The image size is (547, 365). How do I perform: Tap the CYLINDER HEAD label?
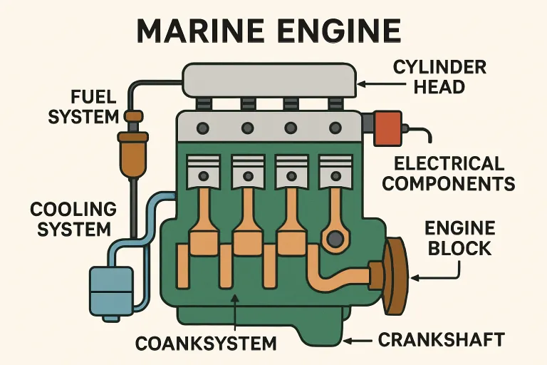click(439, 78)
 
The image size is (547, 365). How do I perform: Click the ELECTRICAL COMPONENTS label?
click(454, 173)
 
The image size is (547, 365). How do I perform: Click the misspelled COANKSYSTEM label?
click(206, 343)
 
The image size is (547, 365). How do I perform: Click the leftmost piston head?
click(202, 172)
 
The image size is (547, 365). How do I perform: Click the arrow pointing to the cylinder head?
click(369, 84)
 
